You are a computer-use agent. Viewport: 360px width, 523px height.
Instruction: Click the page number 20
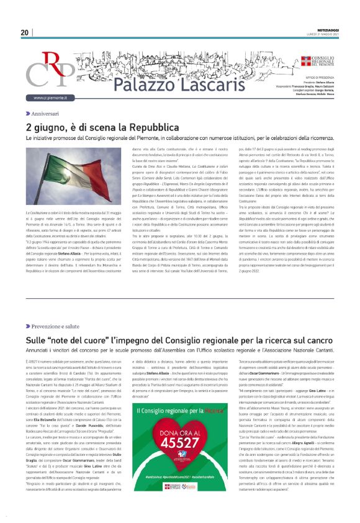point(24,32)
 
